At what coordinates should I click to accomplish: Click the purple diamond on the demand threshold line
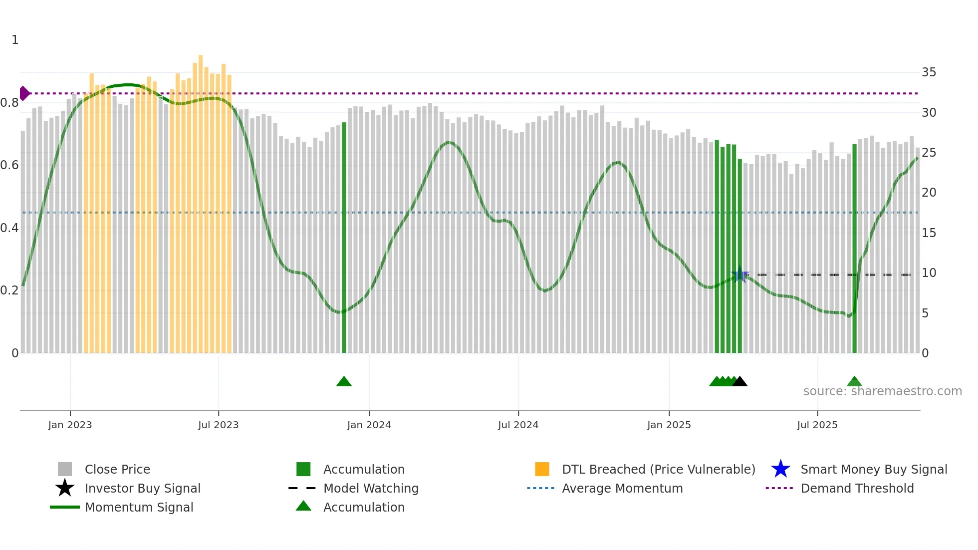point(24,93)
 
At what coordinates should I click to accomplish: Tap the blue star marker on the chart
point(739,275)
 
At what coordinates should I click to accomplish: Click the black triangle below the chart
point(739,382)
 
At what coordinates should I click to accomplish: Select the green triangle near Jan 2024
point(344,382)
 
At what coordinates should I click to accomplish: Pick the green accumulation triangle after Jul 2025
point(854,382)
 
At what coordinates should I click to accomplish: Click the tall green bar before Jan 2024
point(344,237)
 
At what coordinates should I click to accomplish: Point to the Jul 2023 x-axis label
point(218,425)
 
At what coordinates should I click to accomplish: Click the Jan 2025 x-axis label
point(669,425)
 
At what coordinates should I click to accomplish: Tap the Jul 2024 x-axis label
point(518,425)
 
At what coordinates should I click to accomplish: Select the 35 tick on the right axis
point(929,72)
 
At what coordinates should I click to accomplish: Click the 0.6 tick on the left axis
point(9,165)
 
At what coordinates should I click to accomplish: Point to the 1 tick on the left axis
point(15,40)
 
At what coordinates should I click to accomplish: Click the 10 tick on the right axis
point(929,273)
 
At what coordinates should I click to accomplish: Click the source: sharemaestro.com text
point(882,391)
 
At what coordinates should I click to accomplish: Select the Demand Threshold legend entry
point(857,489)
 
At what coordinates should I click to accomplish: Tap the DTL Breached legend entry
point(658,470)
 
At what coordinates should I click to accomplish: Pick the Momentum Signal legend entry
point(139,508)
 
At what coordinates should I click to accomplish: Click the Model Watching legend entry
point(370,489)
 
